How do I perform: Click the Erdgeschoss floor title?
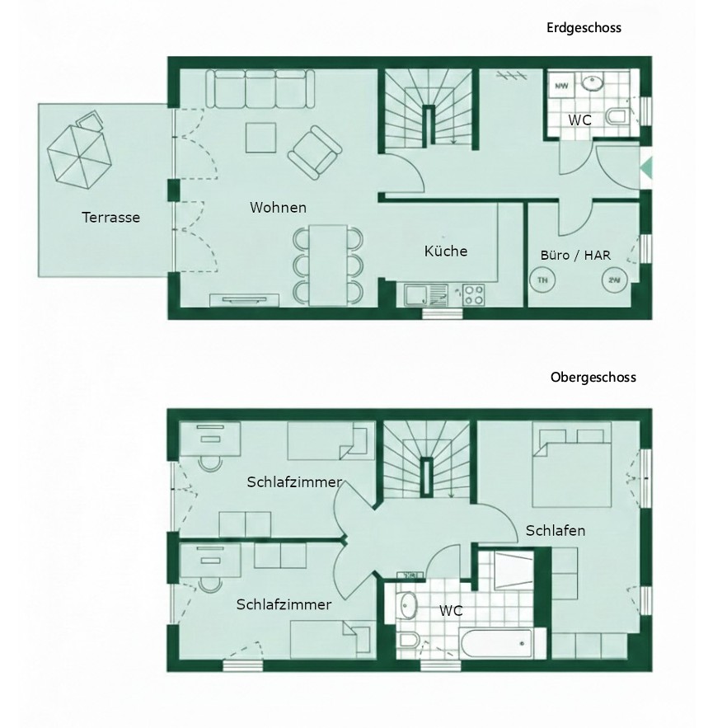point(584,28)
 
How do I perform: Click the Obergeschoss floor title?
point(593,377)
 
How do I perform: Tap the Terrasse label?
point(111,218)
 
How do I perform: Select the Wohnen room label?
point(278,208)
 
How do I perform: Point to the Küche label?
point(446,251)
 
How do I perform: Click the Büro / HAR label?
point(575,255)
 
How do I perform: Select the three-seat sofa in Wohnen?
point(260,88)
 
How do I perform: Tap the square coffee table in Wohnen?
point(261,138)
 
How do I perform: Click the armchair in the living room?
point(315,153)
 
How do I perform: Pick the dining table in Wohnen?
point(328,265)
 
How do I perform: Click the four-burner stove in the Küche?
point(474,295)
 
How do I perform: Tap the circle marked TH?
point(542,280)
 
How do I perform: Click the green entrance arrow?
point(647,167)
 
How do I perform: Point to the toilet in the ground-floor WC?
point(617,116)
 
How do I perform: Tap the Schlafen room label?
point(556,531)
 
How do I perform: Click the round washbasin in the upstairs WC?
point(408,605)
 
